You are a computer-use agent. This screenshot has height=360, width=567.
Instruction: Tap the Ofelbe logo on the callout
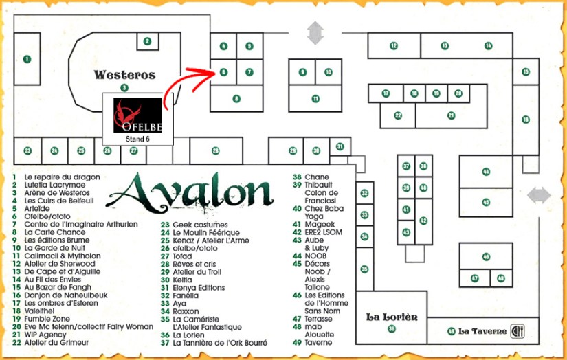[x=137, y=115]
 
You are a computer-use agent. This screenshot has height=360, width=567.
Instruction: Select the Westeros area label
[x=124, y=75]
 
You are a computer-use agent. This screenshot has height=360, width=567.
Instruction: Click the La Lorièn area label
[x=392, y=317]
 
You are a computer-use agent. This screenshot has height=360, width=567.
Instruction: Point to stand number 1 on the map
[x=27, y=60]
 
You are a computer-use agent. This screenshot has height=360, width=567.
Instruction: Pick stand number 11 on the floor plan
[x=315, y=98]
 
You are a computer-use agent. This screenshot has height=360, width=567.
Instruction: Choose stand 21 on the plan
[x=451, y=115]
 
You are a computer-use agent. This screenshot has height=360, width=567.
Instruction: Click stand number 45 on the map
[x=486, y=202]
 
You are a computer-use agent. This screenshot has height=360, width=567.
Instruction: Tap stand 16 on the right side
[x=526, y=120]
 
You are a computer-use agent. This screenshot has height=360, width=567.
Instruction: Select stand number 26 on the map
[x=215, y=150]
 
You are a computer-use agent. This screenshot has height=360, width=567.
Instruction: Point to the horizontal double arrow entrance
[x=539, y=196]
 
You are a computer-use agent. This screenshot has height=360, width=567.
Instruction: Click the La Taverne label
[x=482, y=331]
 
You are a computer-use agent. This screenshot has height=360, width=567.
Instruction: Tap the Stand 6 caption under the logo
[x=137, y=139]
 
